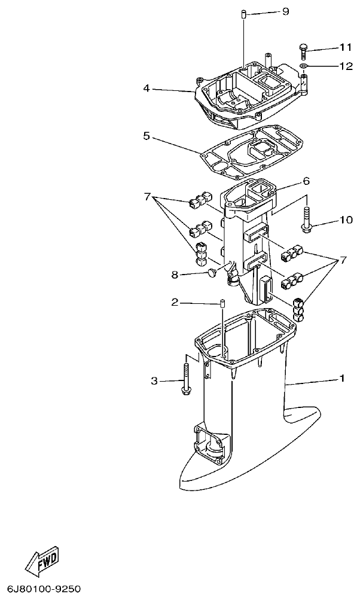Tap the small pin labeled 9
coord(245,14)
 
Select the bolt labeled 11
coord(303,50)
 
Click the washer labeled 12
coord(304,66)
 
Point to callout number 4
coord(147,89)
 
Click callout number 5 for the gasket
coord(147,136)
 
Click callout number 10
coord(346,220)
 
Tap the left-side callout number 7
coord(148,196)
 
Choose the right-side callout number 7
coord(343,260)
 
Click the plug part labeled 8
coord(210,273)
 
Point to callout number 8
coord(175,275)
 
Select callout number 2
coord(175,303)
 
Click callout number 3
coord(154,380)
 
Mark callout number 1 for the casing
coord(342,378)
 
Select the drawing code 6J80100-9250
coord(44,589)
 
